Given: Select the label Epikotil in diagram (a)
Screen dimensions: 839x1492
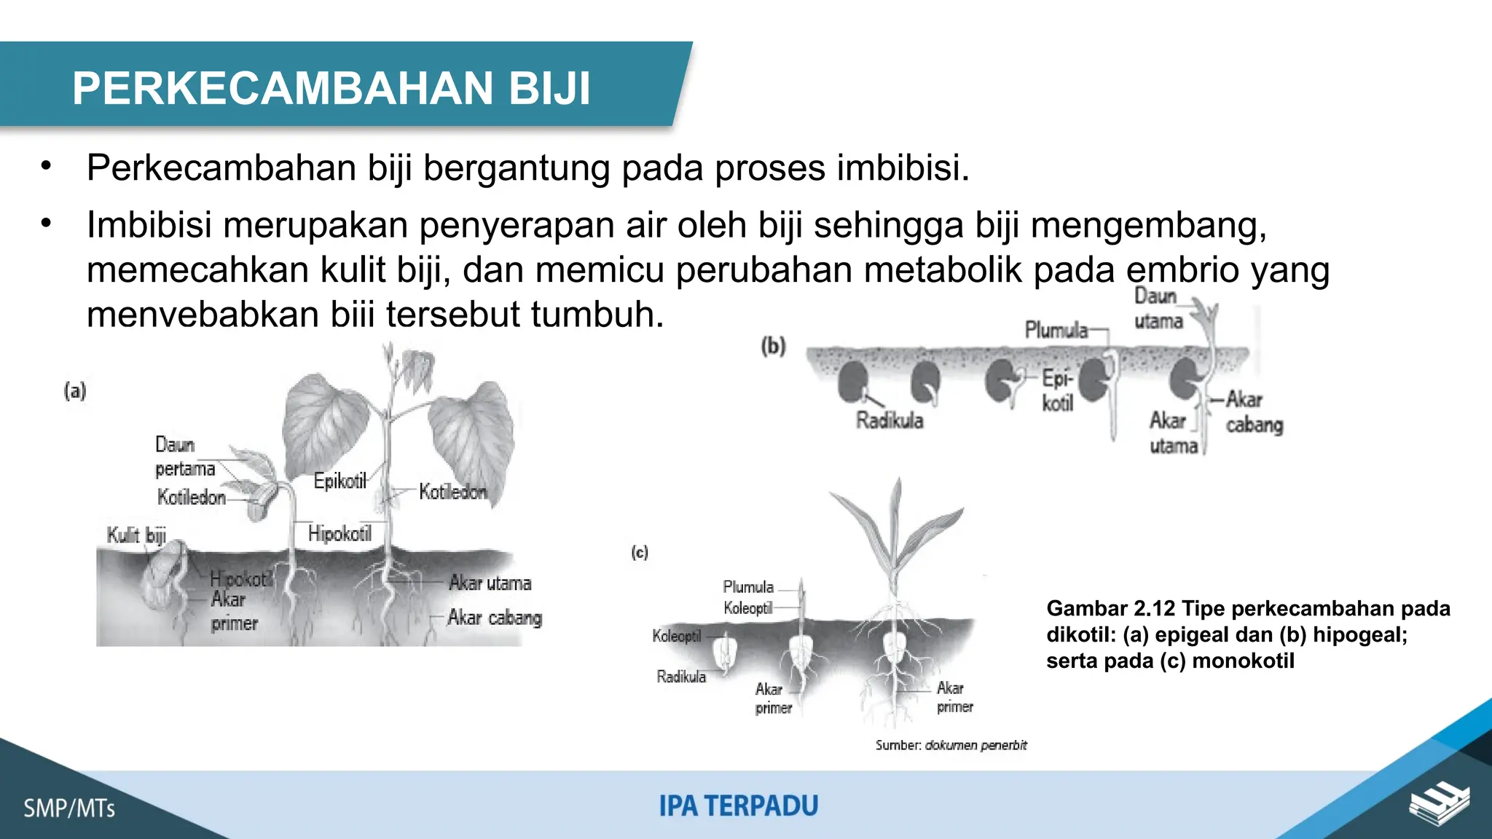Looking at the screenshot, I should pyautogui.click(x=339, y=481).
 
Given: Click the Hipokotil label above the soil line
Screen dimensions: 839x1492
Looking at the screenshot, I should pyautogui.click(x=339, y=534).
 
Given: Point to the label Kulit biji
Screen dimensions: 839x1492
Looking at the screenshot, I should pyautogui.click(x=136, y=535).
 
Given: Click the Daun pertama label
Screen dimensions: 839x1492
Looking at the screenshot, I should pyautogui.click(x=184, y=457).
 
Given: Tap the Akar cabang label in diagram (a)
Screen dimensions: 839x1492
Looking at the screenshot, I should pyautogui.click(x=495, y=618).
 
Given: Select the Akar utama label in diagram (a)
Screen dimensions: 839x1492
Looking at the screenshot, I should pyautogui.click(x=490, y=583).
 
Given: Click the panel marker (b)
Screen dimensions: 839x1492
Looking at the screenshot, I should pyautogui.click(x=773, y=345).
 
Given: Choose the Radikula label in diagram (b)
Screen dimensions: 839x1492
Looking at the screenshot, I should pyautogui.click(x=889, y=421).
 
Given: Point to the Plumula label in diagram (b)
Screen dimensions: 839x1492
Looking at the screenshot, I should pyautogui.click(x=1056, y=330).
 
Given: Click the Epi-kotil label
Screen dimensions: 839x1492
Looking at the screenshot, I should pyautogui.click(x=1057, y=390).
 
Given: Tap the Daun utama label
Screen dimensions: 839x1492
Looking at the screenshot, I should pyautogui.click(x=1157, y=308).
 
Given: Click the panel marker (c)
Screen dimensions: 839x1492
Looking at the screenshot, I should pyautogui.click(x=640, y=552).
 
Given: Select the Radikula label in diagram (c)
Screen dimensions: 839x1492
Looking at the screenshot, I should pyautogui.click(x=680, y=677).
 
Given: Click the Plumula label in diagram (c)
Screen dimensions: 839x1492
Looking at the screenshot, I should pyautogui.click(x=747, y=587).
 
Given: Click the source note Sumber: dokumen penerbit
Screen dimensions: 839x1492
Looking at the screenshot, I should pyautogui.click(x=951, y=745).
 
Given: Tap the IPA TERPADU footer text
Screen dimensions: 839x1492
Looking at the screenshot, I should pyautogui.click(x=738, y=806).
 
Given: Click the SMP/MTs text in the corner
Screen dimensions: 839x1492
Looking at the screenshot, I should pyautogui.click(x=69, y=808).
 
